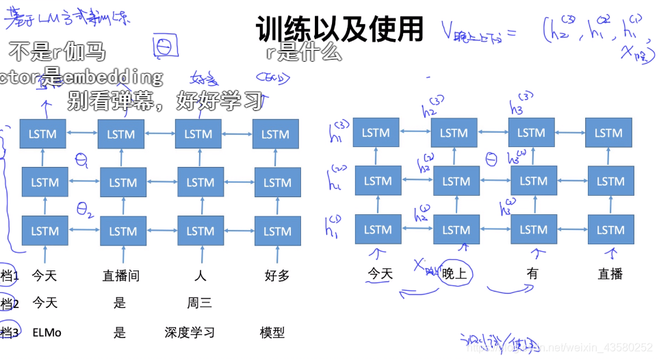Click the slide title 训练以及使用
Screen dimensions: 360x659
[340, 29]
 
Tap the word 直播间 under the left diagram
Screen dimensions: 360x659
[121, 276]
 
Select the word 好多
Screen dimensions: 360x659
[277, 276]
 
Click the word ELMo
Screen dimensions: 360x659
[47, 333]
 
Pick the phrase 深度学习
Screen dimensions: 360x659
[190, 333]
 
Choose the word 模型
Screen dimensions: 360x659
[272, 333]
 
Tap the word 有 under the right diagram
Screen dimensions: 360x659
[532, 273]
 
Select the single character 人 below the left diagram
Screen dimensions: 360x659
[200, 276]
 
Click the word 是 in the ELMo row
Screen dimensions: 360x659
[120, 333]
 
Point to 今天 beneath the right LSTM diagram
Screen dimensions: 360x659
[380, 274]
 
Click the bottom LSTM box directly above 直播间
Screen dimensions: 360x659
[123, 231]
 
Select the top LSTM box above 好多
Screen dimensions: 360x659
[276, 134]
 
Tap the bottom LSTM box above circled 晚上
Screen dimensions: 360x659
[456, 230]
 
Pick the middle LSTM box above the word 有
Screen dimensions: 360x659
[533, 181]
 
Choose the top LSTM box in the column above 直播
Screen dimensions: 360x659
[608, 133]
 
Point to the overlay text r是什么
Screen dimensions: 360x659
[302, 52]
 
